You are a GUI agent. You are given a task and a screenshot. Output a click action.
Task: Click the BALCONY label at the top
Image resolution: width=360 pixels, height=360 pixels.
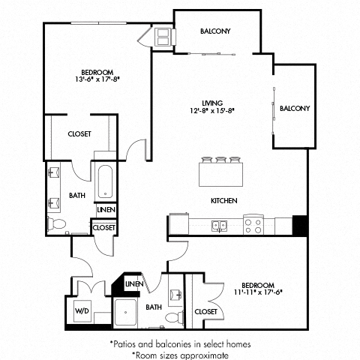point(215,31)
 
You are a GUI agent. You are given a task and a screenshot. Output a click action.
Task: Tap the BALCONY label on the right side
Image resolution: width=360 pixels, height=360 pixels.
point(295,108)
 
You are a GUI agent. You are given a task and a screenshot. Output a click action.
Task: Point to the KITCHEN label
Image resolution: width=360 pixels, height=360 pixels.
point(223,201)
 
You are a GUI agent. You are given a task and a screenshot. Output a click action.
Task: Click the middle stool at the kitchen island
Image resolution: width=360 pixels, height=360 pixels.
point(222,159)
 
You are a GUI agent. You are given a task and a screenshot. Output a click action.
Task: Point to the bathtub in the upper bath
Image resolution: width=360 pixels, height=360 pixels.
point(105,180)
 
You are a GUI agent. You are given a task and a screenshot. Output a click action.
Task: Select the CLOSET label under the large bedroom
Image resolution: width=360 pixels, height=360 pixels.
point(79,134)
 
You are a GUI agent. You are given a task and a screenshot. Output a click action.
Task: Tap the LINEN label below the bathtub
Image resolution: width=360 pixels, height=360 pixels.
point(105,211)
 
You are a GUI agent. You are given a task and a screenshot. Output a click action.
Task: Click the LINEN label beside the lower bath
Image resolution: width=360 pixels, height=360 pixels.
point(134,284)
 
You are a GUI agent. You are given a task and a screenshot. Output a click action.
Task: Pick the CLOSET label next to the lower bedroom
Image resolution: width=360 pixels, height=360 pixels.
point(205,310)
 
